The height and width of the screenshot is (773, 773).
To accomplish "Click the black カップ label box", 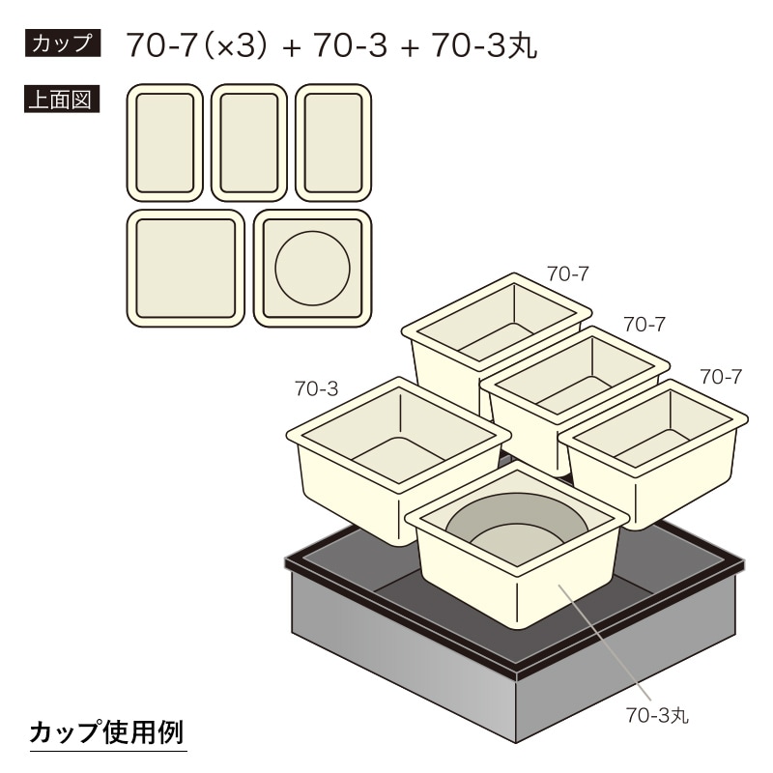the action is coord(63,43).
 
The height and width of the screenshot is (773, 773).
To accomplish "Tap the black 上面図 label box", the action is coord(62,100).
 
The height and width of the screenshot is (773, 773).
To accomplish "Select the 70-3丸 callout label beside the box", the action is coord(657,714).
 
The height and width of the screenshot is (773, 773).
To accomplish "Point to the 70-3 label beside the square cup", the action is coord(317,388).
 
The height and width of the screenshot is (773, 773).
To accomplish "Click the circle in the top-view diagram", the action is coord(312,269).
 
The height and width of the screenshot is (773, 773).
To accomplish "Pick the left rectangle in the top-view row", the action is coord(164,143).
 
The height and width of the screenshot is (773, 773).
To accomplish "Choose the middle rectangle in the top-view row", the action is coord(249,143).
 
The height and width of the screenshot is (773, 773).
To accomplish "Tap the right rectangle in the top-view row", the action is coord(333,143).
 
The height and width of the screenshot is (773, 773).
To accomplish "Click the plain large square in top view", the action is coord(186,269).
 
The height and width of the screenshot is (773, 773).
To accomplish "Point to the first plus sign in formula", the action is coord(292,47).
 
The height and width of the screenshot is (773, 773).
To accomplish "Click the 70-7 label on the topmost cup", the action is coord(567,273).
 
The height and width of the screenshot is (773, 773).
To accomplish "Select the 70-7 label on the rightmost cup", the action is coord(721,377).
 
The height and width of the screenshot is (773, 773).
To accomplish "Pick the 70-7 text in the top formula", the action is coord(162,45).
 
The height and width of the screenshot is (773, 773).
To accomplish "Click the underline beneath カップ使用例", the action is coord(108,752).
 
